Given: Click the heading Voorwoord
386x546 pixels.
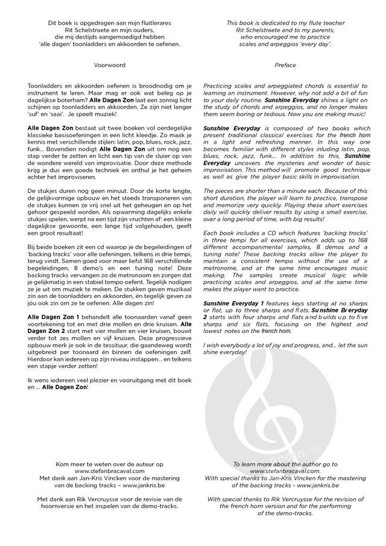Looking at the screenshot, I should [x=107, y=63].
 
